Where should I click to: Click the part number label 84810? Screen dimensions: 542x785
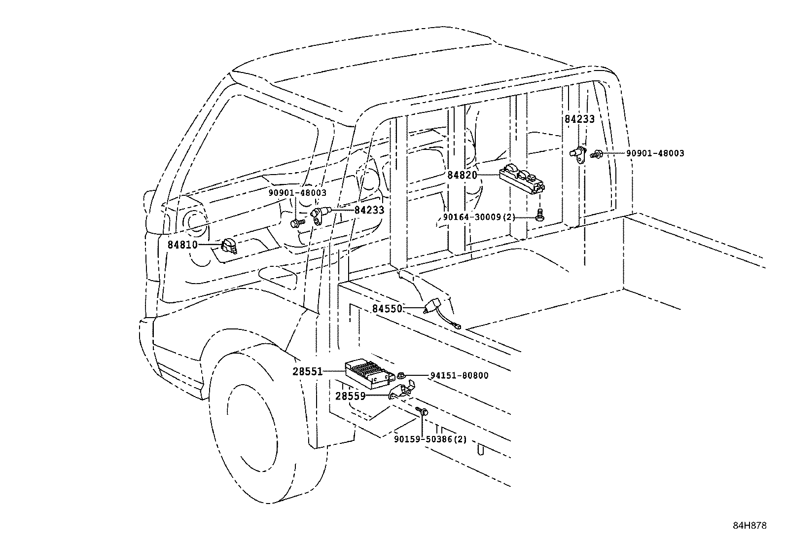pyautogui.click(x=182, y=244)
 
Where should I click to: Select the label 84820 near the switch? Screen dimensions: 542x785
pyautogui.click(x=462, y=175)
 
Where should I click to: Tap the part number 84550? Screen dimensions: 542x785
pyautogui.click(x=387, y=309)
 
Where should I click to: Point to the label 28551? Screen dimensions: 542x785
pyautogui.click(x=308, y=371)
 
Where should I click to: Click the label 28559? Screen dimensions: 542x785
pyautogui.click(x=351, y=396)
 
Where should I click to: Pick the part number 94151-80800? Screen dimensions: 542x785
pyautogui.click(x=459, y=375)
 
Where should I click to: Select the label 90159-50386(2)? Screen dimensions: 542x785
pyautogui.click(x=430, y=439)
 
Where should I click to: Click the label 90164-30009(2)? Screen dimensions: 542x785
pyautogui.click(x=472, y=217)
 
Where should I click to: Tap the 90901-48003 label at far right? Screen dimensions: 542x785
pyautogui.click(x=655, y=153)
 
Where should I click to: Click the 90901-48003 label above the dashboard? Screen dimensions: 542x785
pyautogui.click(x=297, y=193)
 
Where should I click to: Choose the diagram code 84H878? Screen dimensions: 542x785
pyautogui.click(x=749, y=526)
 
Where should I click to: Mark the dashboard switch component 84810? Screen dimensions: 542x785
pyautogui.click(x=228, y=245)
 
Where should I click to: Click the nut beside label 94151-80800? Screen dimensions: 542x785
pyautogui.click(x=401, y=375)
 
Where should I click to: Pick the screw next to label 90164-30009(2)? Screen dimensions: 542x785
pyautogui.click(x=540, y=215)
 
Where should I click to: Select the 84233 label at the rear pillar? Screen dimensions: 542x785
pyautogui.click(x=579, y=119)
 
